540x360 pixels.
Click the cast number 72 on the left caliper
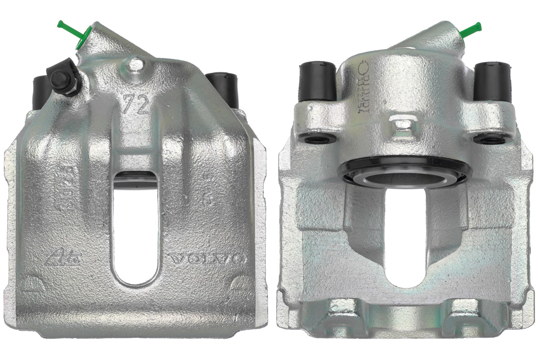pyautogui.click(x=136, y=104)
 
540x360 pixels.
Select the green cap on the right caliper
pyautogui.click(x=470, y=30)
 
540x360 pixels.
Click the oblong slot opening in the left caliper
pyautogui.click(x=135, y=229)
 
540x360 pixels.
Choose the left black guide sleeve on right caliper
pyautogui.click(x=318, y=81)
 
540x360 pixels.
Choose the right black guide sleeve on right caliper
pyautogui.click(x=492, y=81)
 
